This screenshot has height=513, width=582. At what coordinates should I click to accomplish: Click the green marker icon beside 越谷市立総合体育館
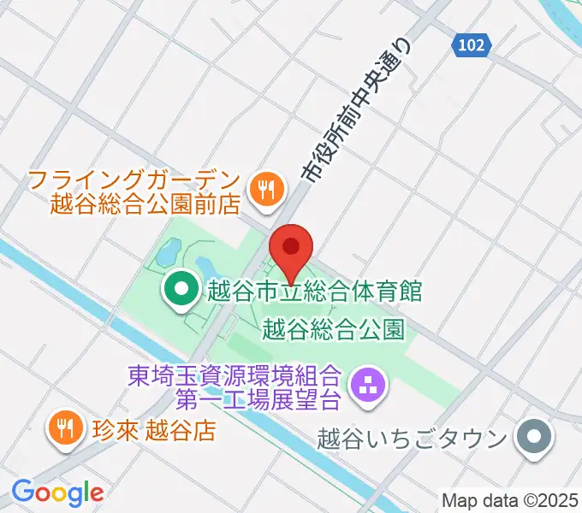(181, 291)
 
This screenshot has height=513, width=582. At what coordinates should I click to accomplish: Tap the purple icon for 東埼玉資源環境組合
(370, 386)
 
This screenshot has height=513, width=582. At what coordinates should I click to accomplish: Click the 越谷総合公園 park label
(334, 328)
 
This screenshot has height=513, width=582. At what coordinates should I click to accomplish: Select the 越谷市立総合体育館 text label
(314, 291)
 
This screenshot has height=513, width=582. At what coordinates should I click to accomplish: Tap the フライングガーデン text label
(131, 180)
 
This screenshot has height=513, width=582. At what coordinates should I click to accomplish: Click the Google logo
(57, 492)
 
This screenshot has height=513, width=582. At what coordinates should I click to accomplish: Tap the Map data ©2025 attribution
(510, 498)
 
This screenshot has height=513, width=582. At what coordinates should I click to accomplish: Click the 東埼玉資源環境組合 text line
(235, 374)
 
